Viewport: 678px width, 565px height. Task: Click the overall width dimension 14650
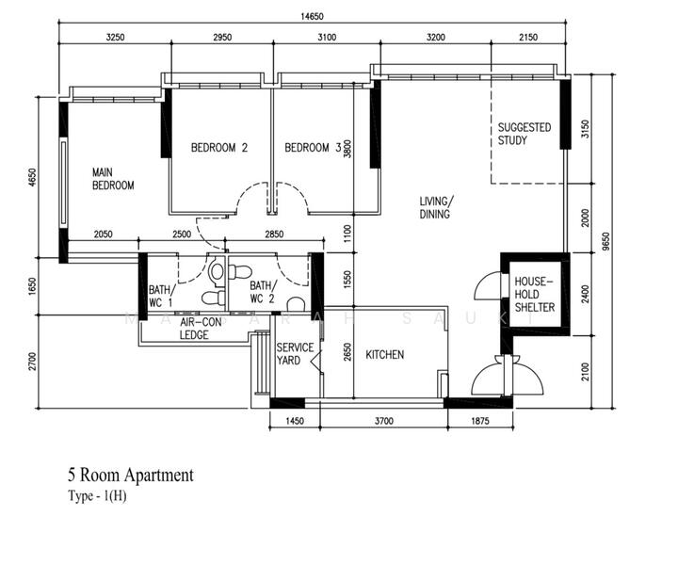[x=312, y=16]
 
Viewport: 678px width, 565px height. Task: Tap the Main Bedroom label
[x=113, y=179]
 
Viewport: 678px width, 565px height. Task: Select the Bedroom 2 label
[x=219, y=148]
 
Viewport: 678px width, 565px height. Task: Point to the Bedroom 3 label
[x=313, y=148]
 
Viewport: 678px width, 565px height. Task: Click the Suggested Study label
[x=525, y=134]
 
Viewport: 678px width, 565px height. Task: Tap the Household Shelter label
[x=534, y=295]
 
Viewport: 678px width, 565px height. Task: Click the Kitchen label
[x=385, y=355]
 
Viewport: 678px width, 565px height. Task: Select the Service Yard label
[x=295, y=354]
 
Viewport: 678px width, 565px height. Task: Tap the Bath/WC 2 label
[x=263, y=292]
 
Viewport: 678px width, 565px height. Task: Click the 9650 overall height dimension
[x=605, y=242]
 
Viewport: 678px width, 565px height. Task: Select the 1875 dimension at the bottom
[x=479, y=421]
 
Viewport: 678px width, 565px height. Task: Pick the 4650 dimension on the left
[x=32, y=177]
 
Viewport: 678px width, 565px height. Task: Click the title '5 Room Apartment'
[x=131, y=476]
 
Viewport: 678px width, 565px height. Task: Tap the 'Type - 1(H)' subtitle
[x=97, y=496]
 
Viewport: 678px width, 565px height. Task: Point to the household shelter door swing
[x=489, y=285]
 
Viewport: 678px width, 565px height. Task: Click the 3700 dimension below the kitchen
[x=383, y=421]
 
